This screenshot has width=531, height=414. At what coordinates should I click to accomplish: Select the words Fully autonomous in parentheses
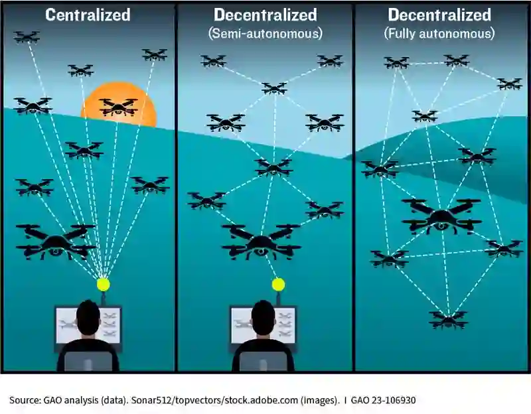(x=441, y=32)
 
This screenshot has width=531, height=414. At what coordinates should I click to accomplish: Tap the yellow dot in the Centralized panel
(x=103, y=284)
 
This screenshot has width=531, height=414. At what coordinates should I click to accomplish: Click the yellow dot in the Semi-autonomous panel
(x=278, y=284)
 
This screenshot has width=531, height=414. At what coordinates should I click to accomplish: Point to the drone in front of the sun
(x=118, y=106)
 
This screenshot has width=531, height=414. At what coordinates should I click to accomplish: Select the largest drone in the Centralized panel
(x=56, y=240)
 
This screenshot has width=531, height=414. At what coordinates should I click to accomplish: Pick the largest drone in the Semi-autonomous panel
(x=261, y=240)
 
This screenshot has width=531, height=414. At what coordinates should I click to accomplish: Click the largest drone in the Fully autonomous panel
(x=441, y=215)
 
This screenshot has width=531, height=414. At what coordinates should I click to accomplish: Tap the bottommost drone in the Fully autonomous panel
(x=449, y=320)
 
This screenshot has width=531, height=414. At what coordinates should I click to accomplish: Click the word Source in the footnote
(x=24, y=400)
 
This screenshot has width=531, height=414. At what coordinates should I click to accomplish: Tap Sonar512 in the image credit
(x=153, y=400)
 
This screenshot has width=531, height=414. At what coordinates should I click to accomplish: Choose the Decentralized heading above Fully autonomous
(x=439, y=15)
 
